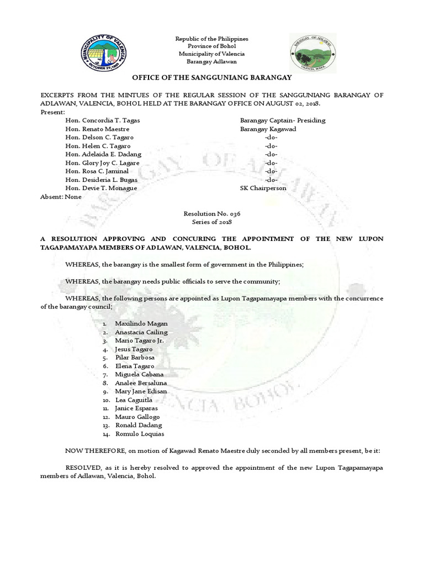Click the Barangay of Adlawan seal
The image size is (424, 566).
coord(312,53)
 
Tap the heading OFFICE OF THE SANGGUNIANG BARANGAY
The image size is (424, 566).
coord(211,78)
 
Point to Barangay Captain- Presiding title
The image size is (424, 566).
coord(282,120)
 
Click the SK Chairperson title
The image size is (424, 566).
coord(263,188)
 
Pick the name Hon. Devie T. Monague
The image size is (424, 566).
coord(101,188)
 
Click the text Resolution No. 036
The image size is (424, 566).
coord(211,213)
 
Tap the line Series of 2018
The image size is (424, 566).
coord(211,222)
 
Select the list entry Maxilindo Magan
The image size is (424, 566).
coord(141,323)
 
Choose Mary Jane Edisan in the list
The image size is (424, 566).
coord(141,391)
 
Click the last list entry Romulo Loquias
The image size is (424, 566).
coord(139,434)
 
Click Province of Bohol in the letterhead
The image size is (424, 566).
coord(211,46)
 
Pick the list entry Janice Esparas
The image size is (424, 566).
coord(136,408)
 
